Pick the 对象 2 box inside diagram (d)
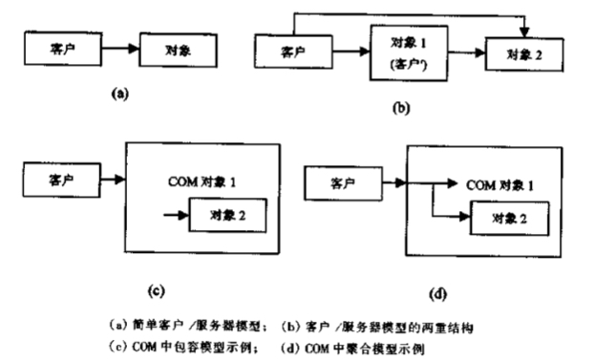click(x=512, y=220)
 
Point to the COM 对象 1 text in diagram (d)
click(x=496, y=182)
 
